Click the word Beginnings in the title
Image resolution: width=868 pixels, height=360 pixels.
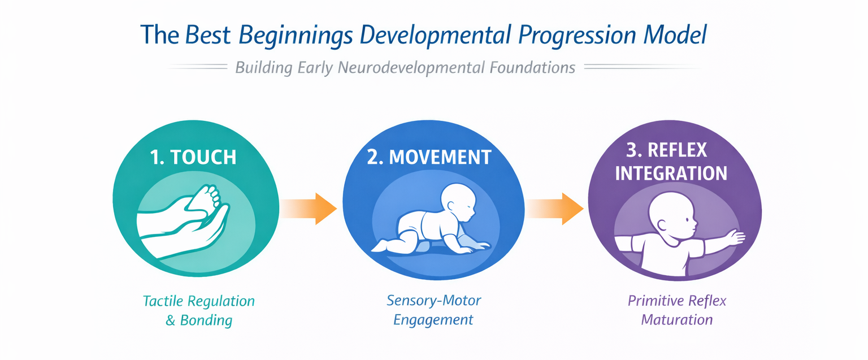[x=294, y=35]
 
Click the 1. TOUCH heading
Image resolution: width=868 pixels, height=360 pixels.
[x=193, y=157]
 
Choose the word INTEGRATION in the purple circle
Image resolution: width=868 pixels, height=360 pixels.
[x=671, y=172]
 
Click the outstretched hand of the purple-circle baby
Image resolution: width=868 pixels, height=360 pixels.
[x=734, y=237]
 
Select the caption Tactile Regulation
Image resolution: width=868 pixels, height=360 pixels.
[x=199, y=300]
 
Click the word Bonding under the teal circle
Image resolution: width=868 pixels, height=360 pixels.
[x=206, y=320]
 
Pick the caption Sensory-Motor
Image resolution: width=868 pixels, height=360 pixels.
[x=433, y=300]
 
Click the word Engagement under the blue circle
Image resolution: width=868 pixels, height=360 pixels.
[x=433, y=319]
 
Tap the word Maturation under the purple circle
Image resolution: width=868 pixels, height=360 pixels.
[x=676, y=320]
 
